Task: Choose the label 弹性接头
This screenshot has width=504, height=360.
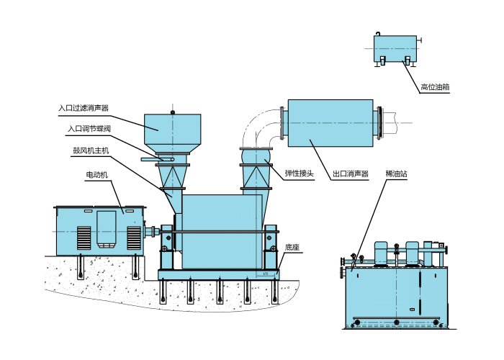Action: coord(300,173)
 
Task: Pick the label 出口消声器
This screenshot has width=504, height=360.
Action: coord(351,174)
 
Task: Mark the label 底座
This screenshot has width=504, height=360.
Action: coord(292,246)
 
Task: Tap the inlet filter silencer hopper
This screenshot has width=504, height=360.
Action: coord(174,132)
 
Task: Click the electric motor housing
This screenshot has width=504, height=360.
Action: coord(101,229)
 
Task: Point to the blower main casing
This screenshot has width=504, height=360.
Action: coord(220,230)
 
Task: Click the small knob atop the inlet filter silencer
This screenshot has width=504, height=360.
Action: coord(173,111)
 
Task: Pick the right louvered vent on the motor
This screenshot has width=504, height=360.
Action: coord(133,236)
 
